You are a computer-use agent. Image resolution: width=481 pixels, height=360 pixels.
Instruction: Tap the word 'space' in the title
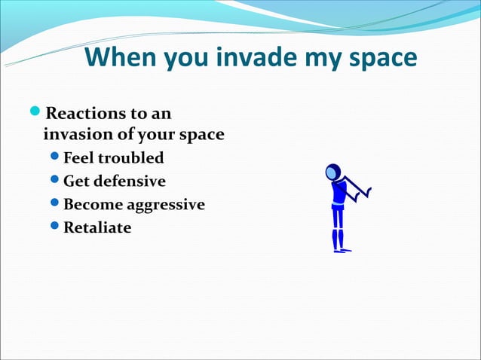click(x=378, y=58)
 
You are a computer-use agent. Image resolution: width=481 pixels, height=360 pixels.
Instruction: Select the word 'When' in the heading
click(x=121, y=57)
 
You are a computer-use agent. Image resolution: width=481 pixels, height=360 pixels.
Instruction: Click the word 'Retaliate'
click(x=97, y=227)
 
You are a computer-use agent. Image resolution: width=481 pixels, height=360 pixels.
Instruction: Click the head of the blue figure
click(x=332, y=173)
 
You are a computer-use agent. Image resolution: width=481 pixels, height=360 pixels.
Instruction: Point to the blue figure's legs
click(x=339, y=229)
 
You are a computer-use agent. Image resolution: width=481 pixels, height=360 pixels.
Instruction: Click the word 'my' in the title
click(x=321, y=59)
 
